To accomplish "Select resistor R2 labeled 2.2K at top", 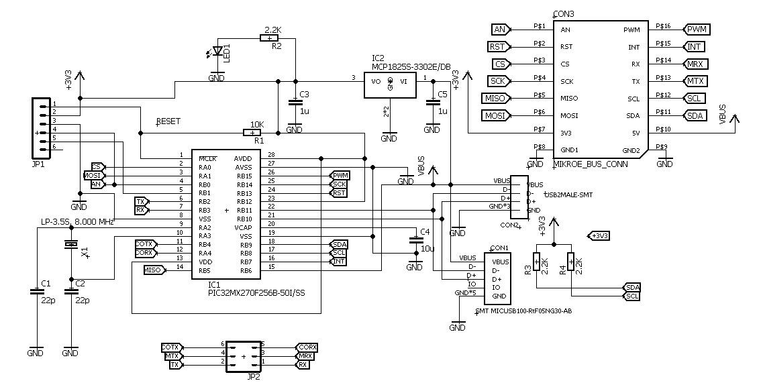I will [x=269, y=38].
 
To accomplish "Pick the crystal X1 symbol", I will [x=70, y=245].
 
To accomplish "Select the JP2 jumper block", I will [x=244, y=355].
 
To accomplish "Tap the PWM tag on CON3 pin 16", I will [x=697, y=30].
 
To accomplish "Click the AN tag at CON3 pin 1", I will [x=500, y=30].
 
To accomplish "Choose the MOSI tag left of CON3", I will [x=496, y=115].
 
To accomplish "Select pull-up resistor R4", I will [x=570, y=262].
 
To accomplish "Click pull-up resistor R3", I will [x=536, y=262].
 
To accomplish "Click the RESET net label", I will [x=168, y=122].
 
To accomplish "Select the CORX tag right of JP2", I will [x=307, y=347].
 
